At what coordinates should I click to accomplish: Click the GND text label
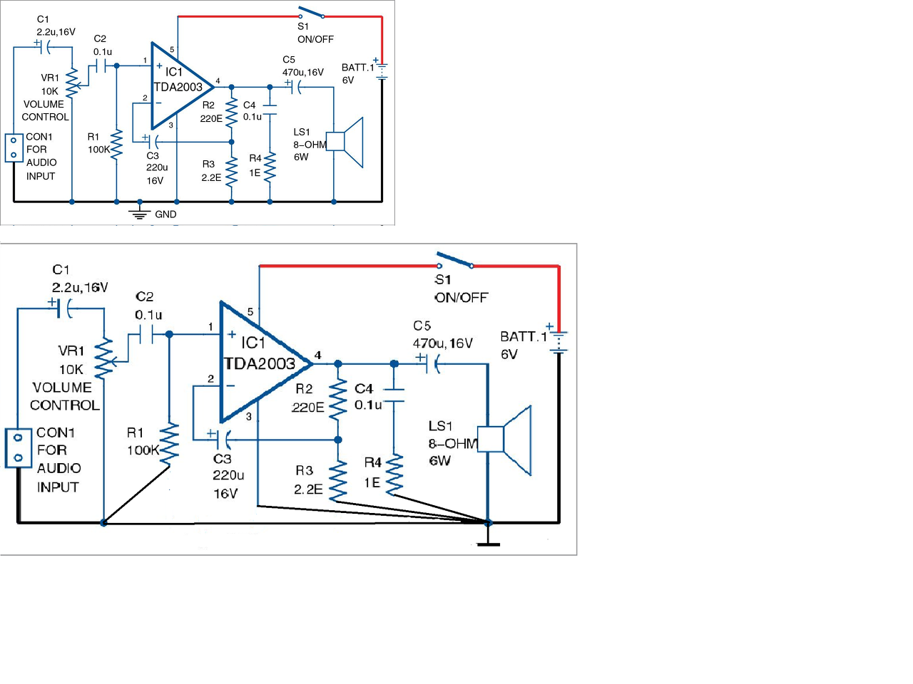click(x=165, y=214)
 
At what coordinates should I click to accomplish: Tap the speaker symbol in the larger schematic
click(x=504, y=440)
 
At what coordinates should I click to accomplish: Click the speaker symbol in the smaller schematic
click(x=345, y=142)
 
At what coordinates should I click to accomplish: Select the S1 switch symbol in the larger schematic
click(x=455, y=260)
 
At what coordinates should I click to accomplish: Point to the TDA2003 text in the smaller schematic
click(x=178, y=87)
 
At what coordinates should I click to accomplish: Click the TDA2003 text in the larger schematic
click(x=260, y=364)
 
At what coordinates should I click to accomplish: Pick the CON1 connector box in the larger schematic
click(x=19, y=448)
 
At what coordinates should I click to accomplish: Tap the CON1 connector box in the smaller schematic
click(x=14, y=147)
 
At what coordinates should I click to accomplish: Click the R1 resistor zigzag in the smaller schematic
click(x=116, y=143)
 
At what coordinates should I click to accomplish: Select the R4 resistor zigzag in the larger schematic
click(x=394, y=475)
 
